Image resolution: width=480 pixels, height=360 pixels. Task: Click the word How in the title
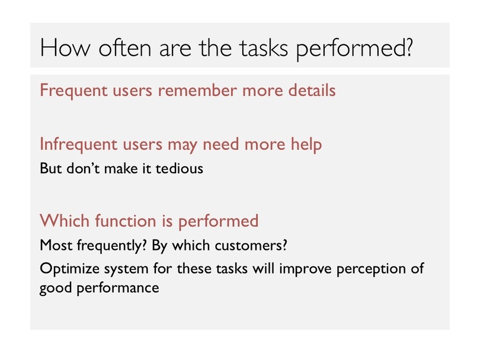[x=65, y=48]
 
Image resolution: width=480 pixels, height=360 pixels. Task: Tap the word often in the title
[x=125, y=48]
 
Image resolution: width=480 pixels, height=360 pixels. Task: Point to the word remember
[x=197, y=90]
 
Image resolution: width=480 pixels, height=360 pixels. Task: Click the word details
[x=312, y=90]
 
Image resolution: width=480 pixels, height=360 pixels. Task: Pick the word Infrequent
[x=78, y=144]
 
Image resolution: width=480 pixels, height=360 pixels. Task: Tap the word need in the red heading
[x=220, y=144]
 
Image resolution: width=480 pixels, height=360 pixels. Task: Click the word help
[x=306, y=144]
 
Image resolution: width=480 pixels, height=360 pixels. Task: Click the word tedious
[x=180, y=168]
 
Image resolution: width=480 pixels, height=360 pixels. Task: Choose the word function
[x=126, y=220]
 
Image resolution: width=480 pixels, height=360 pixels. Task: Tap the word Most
[x=56, y=245]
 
